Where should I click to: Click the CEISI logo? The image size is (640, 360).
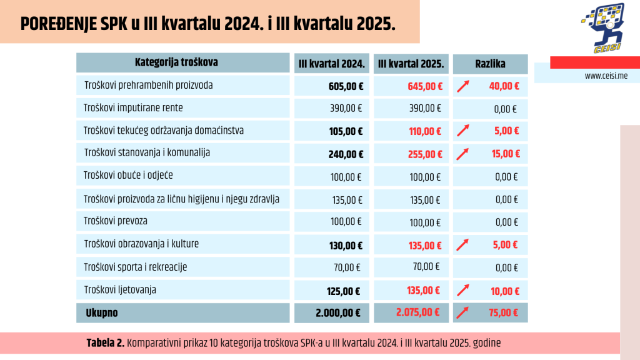click(603, 28)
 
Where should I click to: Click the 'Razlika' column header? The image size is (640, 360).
click(490, 63)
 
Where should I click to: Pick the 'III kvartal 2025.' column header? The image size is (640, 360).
click(411, 63)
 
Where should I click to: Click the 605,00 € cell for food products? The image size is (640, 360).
click(346, 86)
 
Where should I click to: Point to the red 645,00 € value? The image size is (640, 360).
click(424, 86)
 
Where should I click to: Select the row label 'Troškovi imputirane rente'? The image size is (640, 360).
click(133, 107)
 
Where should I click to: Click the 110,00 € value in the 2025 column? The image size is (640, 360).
click(426, 131)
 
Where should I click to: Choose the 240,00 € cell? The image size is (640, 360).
click(346, 154)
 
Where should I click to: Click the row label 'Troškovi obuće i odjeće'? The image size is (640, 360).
click(129, 176)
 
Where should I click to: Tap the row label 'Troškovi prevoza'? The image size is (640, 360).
click(116, 221)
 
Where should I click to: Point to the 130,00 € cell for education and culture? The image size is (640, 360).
click(346, 245)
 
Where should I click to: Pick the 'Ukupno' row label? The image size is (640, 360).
click(102, 312)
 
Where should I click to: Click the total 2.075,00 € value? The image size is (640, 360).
click(418, 312)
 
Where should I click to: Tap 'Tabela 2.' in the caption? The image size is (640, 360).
click(106, 342)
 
